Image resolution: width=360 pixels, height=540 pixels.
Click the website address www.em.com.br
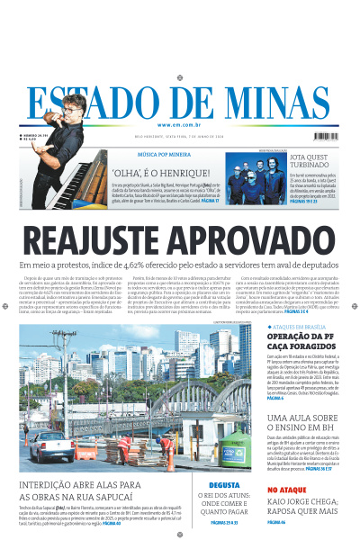180,125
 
